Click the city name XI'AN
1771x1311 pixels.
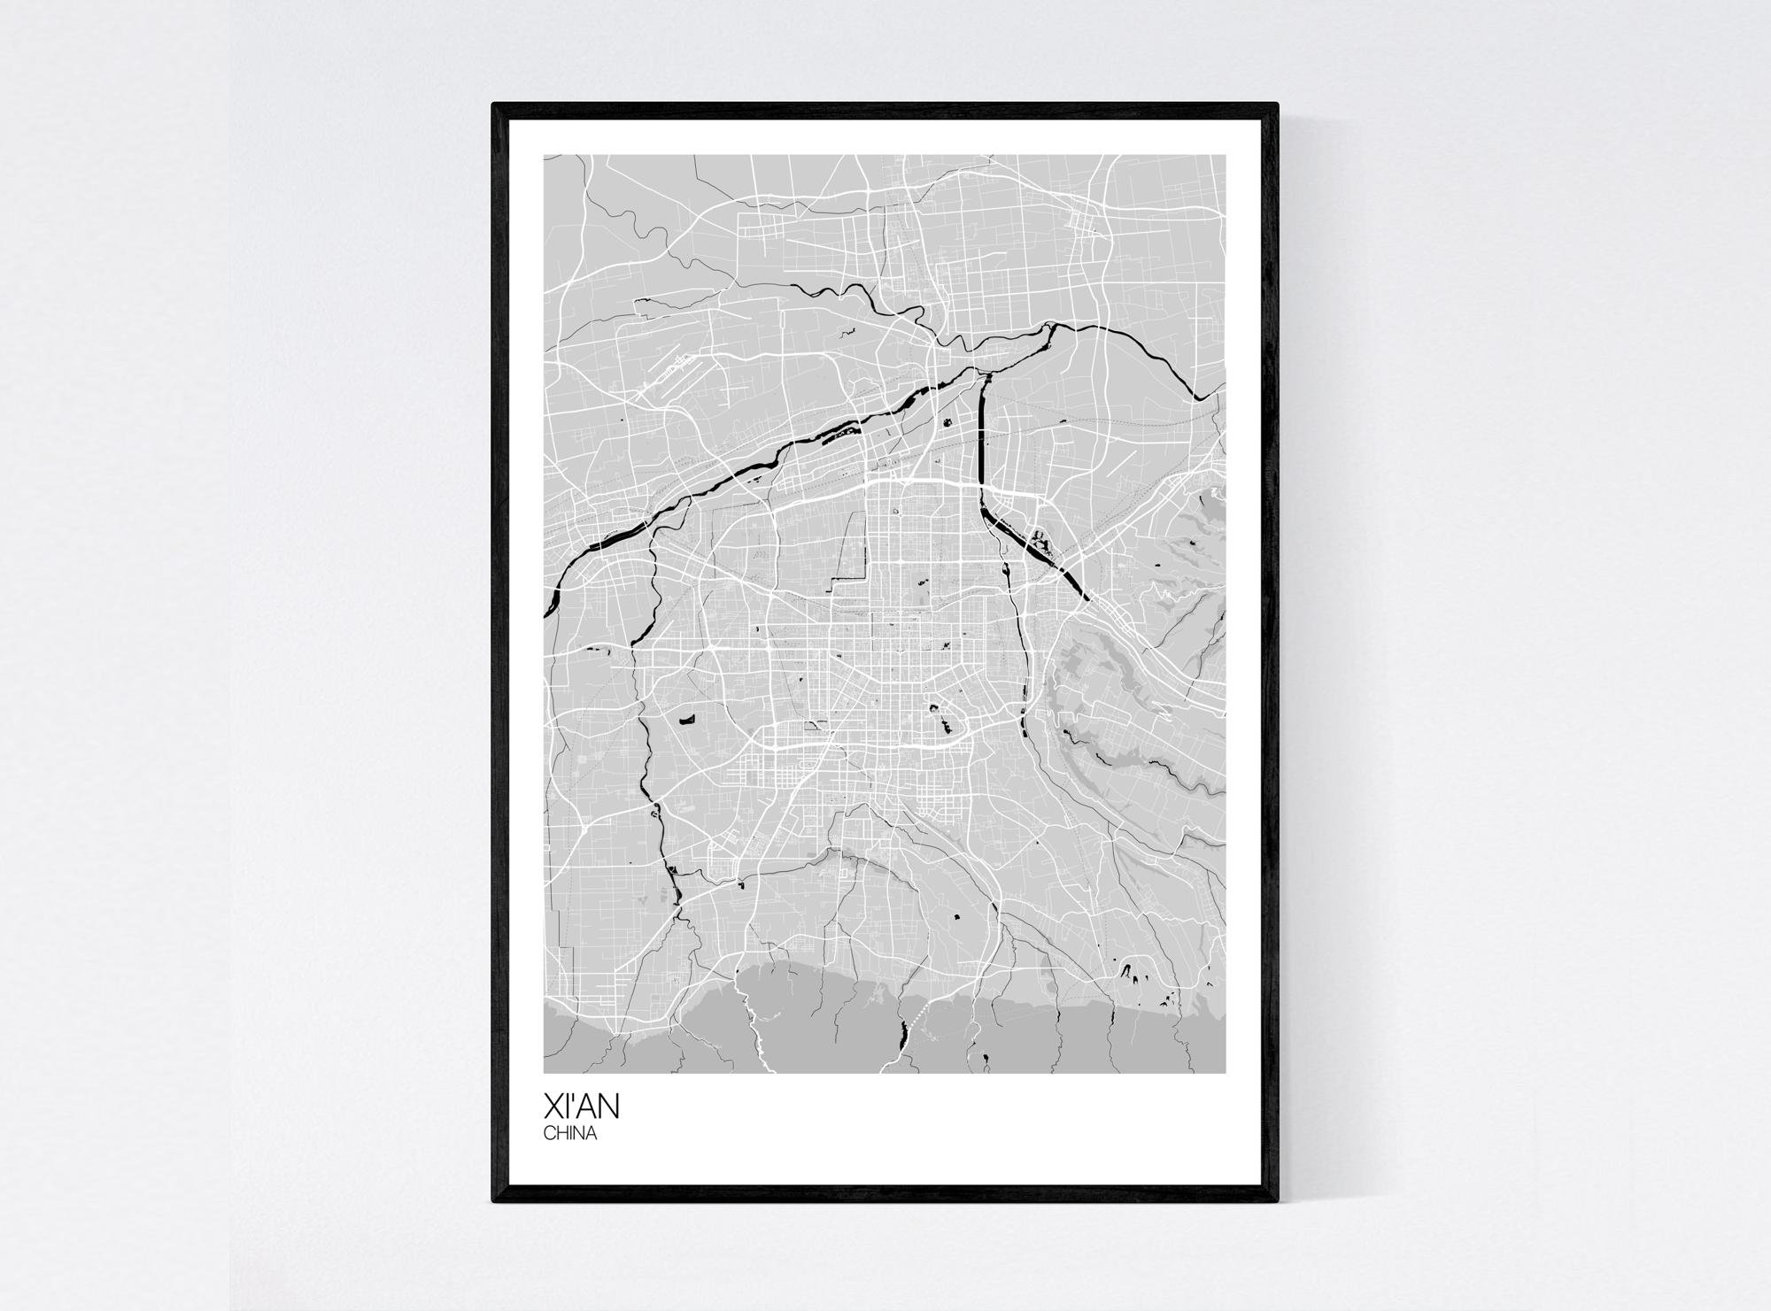pyautogui.click(x=584, y=1106)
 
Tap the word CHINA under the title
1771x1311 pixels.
pyautogui.click(x=570, y=1133)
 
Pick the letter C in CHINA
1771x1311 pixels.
pyautogui.click(x=549, y=1133)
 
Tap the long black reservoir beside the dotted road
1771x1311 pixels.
pyautogui.click(x=902, y=1032)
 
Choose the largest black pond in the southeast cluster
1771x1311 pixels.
pyautogui.click(x=1132, y=977)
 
